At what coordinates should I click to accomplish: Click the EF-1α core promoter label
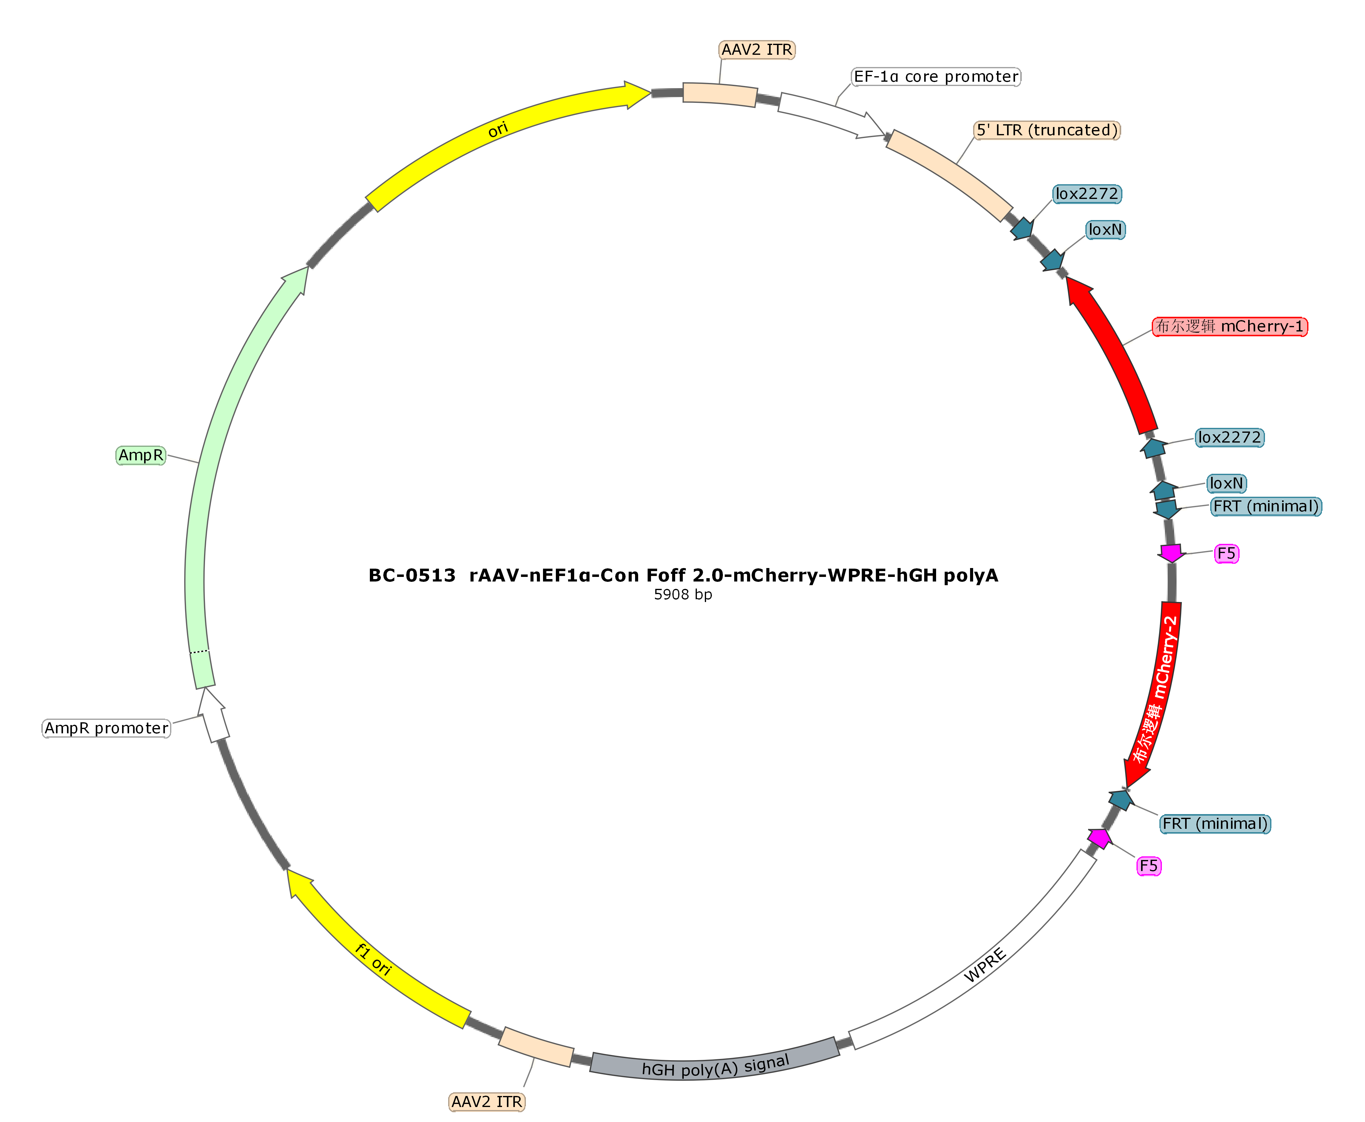point(936,77)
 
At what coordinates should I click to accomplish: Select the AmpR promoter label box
point(106,728)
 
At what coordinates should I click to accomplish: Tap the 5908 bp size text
point(683,595)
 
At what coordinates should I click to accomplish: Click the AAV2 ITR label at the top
point(757,50)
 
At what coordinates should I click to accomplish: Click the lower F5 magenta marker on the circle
point(1099,838)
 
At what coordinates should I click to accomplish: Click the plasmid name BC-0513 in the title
point(411,575)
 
